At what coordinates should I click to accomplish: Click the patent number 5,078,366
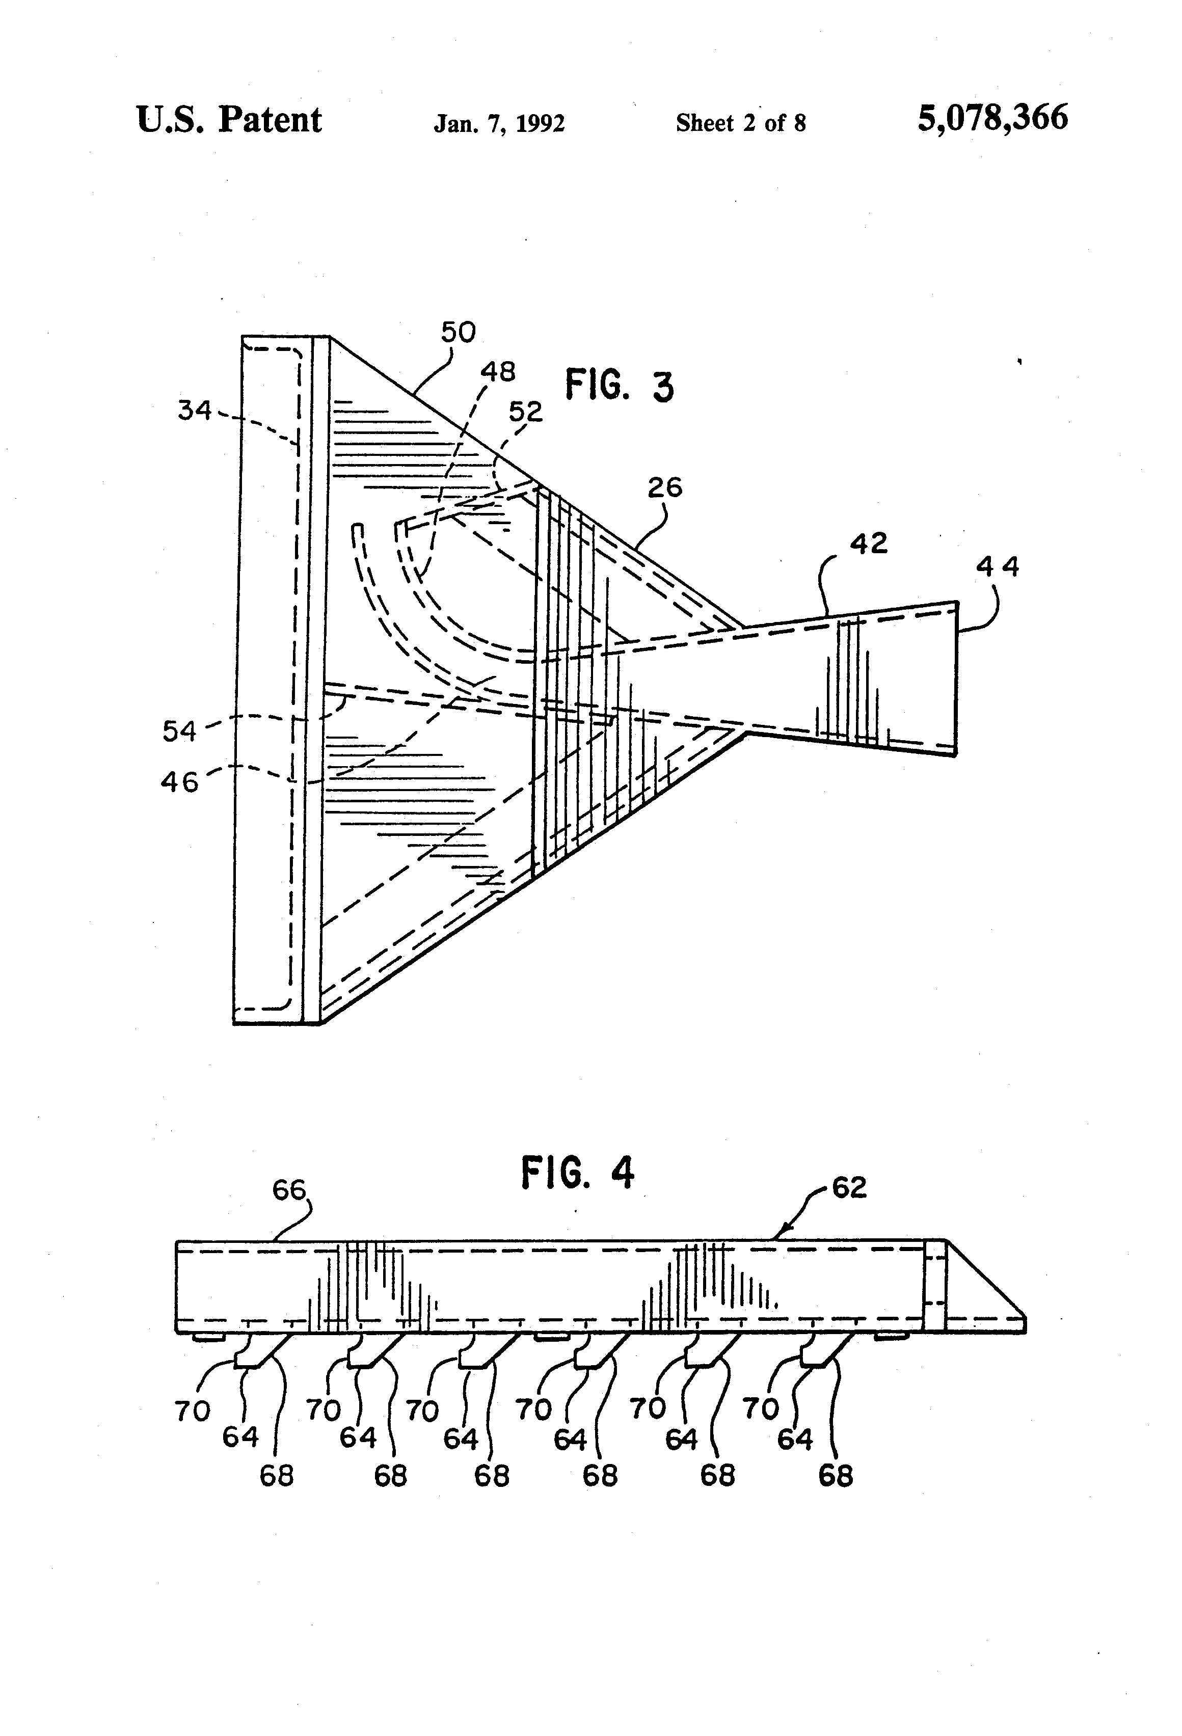coord(992,119)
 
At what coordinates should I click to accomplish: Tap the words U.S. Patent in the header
coord(229,120)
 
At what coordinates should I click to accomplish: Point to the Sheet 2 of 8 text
coord(740,122)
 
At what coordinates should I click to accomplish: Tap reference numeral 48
coord(498,371)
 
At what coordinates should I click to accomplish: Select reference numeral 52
coord(525,411)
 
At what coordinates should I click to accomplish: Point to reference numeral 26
coord(664,488)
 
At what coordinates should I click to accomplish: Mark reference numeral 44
coord(998,567)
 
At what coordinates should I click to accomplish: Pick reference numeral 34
coord(194,410)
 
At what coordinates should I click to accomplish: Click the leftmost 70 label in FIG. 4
coord(192,1411)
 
